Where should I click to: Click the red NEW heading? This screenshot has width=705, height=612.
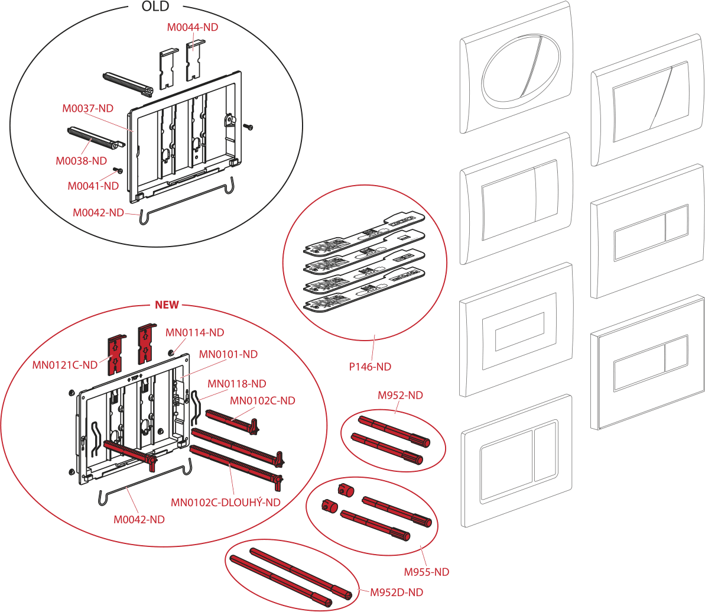point(166,305)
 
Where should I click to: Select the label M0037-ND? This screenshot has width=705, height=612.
point(88,109)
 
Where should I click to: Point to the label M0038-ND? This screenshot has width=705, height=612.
point(81,161)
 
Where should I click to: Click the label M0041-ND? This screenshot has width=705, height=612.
point(93,185)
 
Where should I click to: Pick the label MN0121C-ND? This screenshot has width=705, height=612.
point(65,365)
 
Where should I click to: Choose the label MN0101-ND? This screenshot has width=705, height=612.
point(228,354)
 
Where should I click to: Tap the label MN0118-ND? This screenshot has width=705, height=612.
point(236,383)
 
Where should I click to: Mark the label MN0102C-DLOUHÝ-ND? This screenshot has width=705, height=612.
point(225,503)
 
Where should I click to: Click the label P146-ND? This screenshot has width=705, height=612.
point(370,367)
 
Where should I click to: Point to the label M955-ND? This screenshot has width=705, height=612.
point(427,572)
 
